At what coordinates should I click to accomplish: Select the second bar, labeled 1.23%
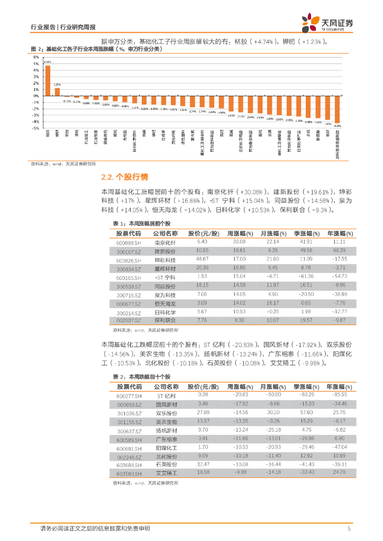[57, 91]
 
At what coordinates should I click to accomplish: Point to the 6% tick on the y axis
[37, 57]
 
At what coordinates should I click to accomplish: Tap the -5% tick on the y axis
[36, 128]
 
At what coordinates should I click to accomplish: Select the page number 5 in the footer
[349, 529]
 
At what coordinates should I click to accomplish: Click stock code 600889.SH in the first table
[129, 242]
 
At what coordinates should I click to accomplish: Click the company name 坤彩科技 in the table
[165, 260]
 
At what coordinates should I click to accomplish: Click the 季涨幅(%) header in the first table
[305, 233]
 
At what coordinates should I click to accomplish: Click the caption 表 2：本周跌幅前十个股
[142, 377]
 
